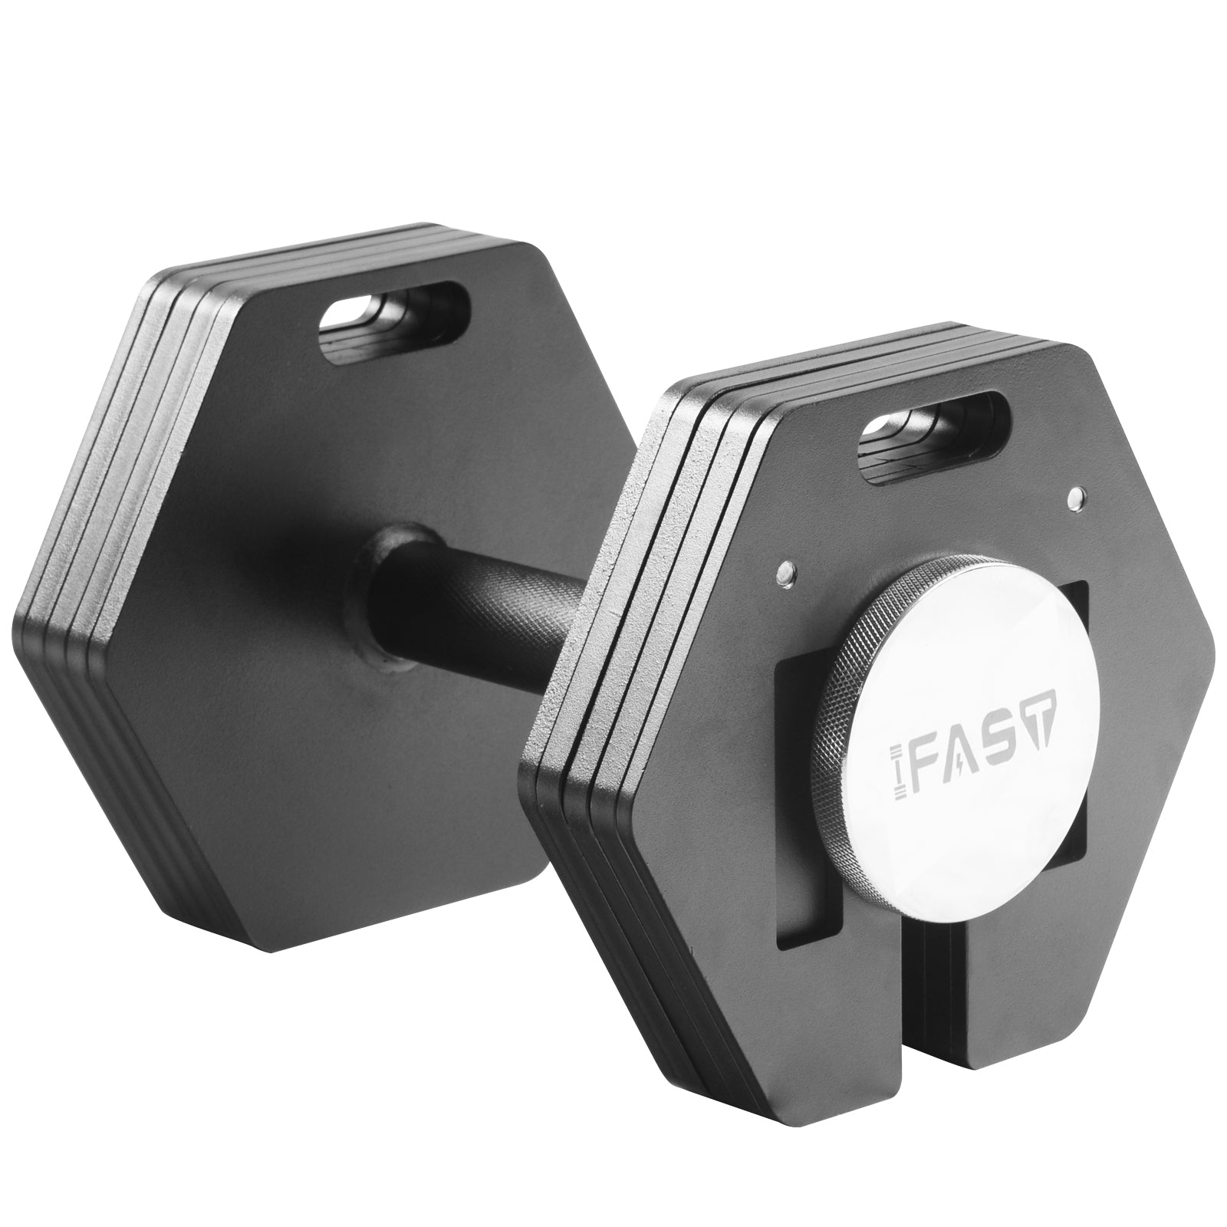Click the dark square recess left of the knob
pos(805,767)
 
